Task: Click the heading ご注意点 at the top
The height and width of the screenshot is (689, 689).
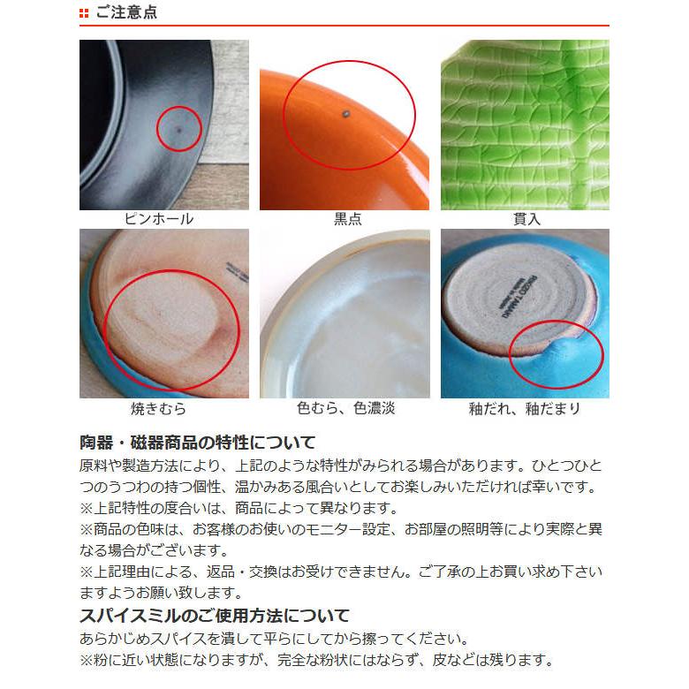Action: point(126,13)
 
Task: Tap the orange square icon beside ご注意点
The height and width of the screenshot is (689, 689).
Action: point(84,13)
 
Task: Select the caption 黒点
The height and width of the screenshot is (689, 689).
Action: point(344,218)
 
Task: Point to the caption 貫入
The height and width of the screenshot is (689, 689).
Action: point(526,218)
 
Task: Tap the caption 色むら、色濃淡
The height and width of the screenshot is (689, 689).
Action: point(344,409)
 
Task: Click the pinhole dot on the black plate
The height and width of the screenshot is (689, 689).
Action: point(178,130)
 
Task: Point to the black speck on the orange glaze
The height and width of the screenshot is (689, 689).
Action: point(344,112)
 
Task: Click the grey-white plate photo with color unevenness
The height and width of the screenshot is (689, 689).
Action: point(344,314)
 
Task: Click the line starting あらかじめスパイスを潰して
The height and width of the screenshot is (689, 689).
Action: point(285,638)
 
